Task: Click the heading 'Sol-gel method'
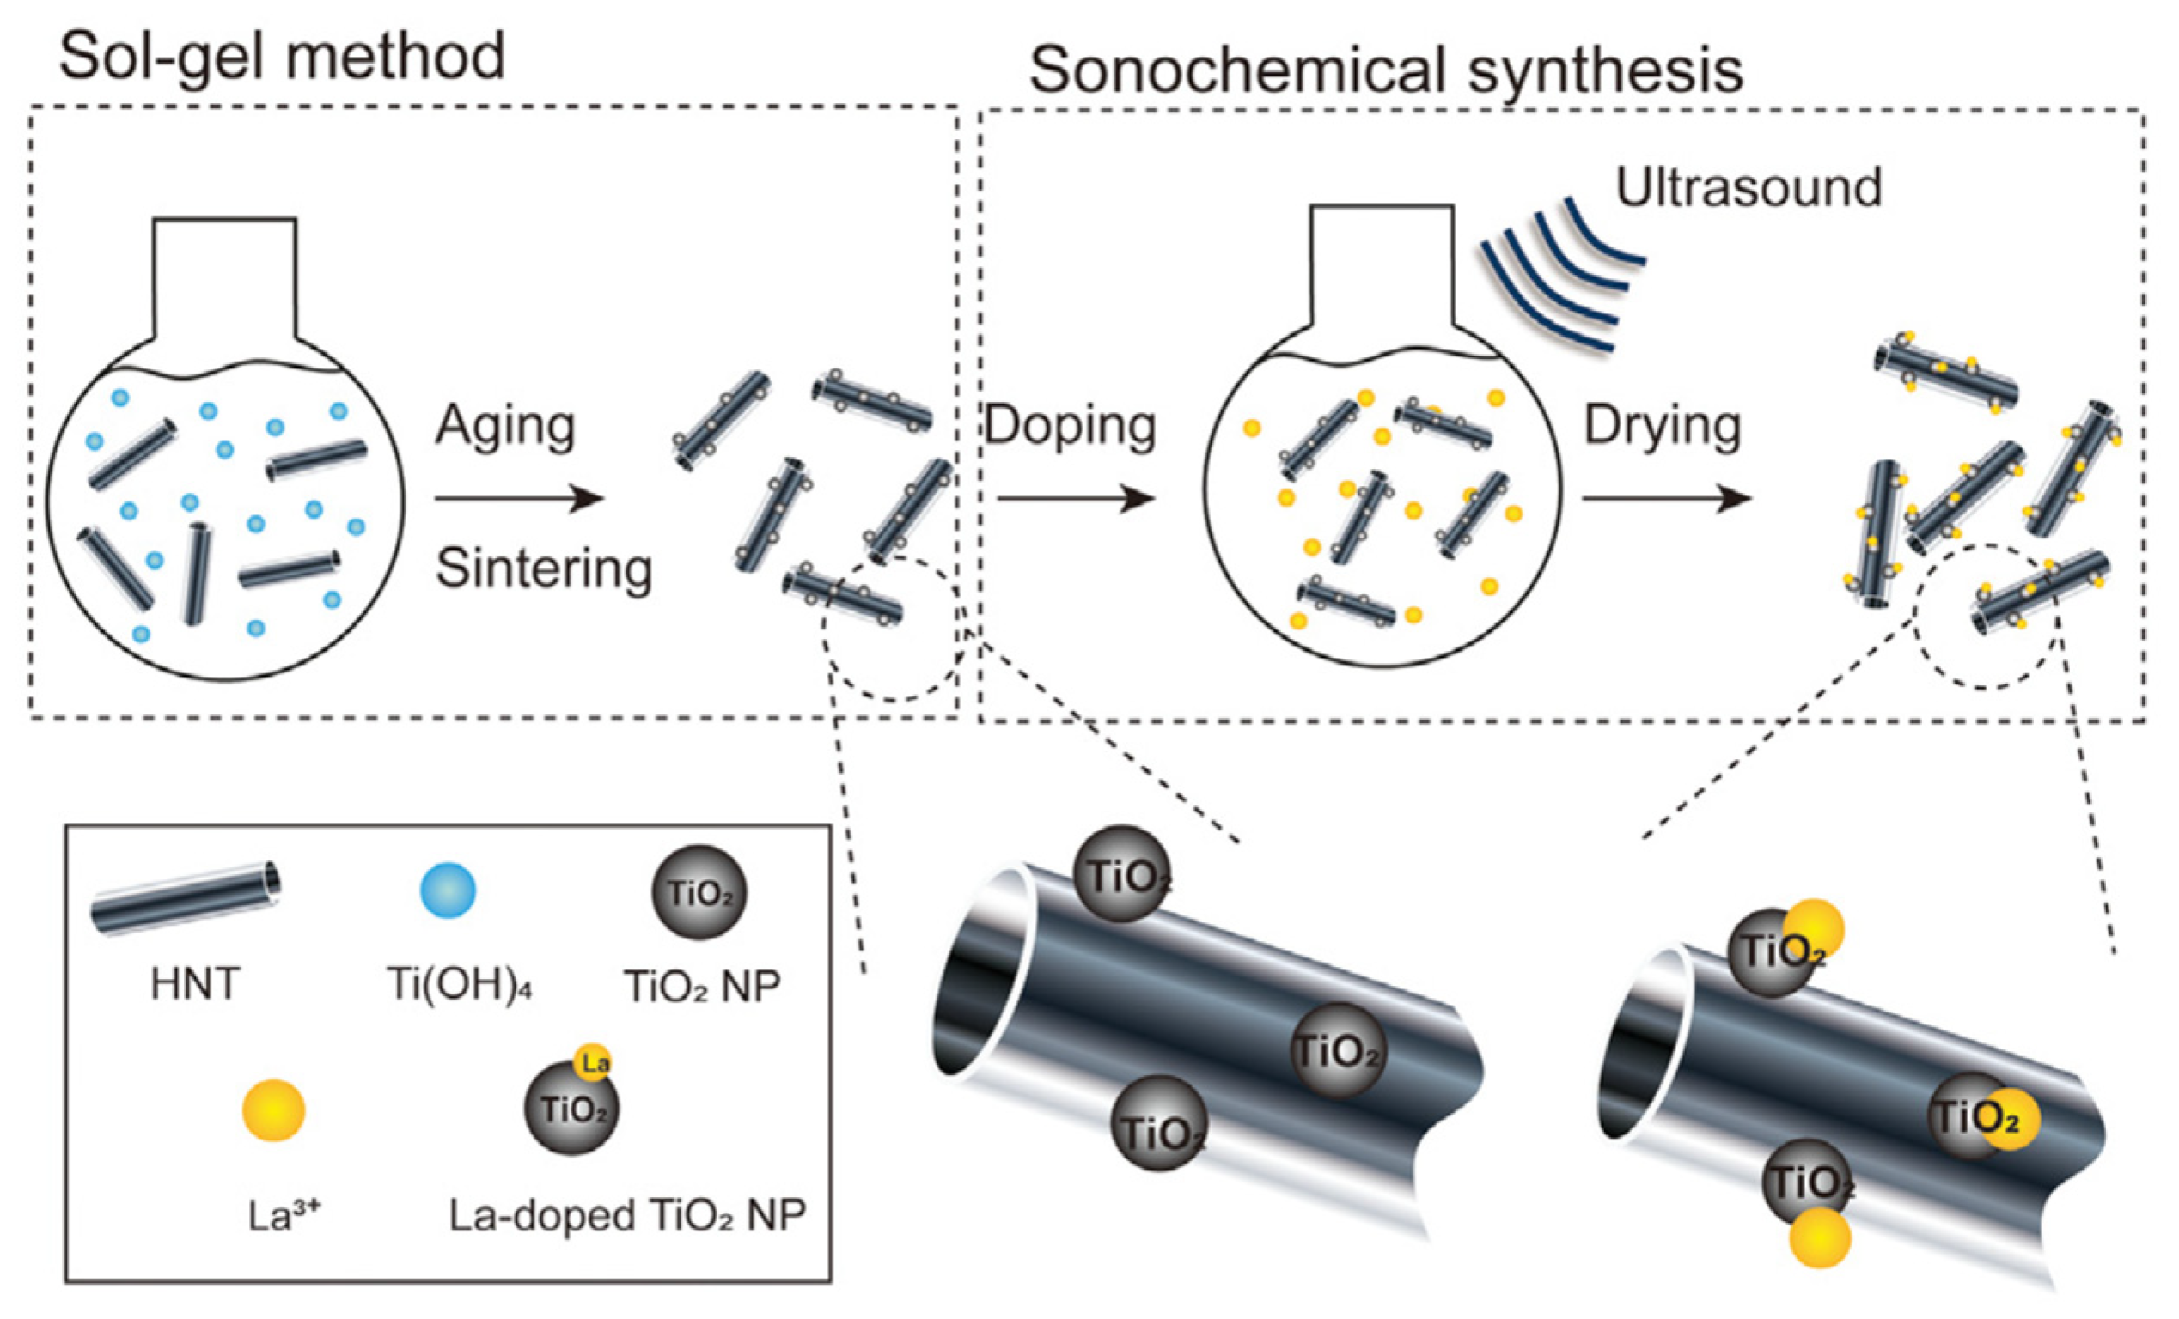[x=281, y=58]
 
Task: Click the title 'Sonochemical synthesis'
[x=1386, y=70]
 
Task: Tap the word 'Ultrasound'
[x=1749, y=187]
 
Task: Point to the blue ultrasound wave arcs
[x=1561, y=274]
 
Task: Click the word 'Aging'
[x=505, y=426]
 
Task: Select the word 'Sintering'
[x=544, y=568]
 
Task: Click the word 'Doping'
[x=1070, y=426]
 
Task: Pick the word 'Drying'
[x=1663, y=426]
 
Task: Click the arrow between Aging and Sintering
[x=519, y=499]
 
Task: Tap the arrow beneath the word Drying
[x=1666, y=500]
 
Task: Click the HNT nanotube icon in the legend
[x=186, y=897]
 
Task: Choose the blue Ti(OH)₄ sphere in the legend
[x=448, y=890]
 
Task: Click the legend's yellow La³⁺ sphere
[x=274, y=1109]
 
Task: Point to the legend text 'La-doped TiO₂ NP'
[x=627, y=1217]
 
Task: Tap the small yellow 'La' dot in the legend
[x=594, y=1061]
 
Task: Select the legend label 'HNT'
[x=194, y=985]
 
